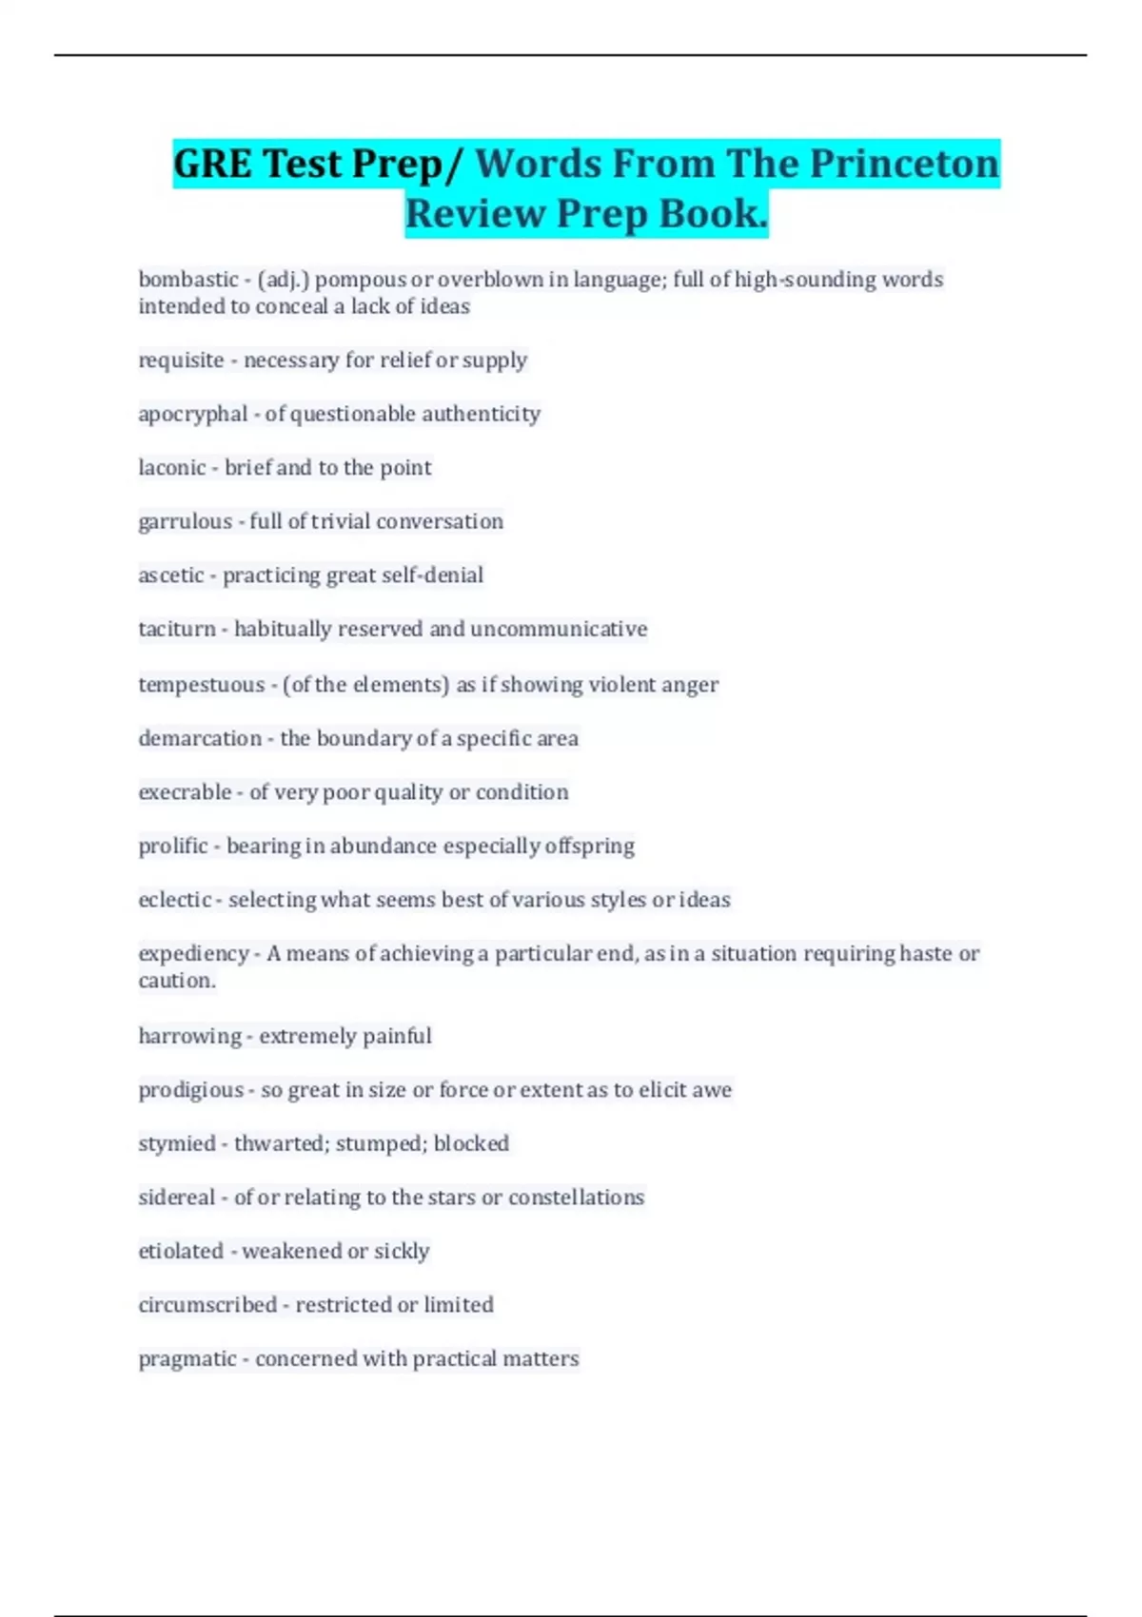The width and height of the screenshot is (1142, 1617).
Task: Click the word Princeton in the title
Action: point(904,164)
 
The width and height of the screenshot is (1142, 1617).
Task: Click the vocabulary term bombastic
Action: point(188,280)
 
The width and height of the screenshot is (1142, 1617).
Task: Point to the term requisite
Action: point(181,360)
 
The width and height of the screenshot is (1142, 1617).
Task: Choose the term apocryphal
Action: point(193,414)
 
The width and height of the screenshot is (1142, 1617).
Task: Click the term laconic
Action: point(172,468)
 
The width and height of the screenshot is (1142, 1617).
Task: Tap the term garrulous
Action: point(185,521)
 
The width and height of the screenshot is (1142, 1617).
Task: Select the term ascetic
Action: point(171,575)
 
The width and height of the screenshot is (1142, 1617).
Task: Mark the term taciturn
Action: point(177,629)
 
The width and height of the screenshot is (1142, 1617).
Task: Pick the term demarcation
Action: point(200,738)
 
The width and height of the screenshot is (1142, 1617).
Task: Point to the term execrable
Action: point(185,792)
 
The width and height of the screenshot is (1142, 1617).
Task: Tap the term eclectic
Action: point(175,900)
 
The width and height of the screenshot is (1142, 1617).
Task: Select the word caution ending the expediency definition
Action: point(176,981)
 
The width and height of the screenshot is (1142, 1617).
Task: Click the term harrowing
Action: point(189,1036)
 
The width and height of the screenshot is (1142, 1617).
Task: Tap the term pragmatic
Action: point(187,1359)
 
